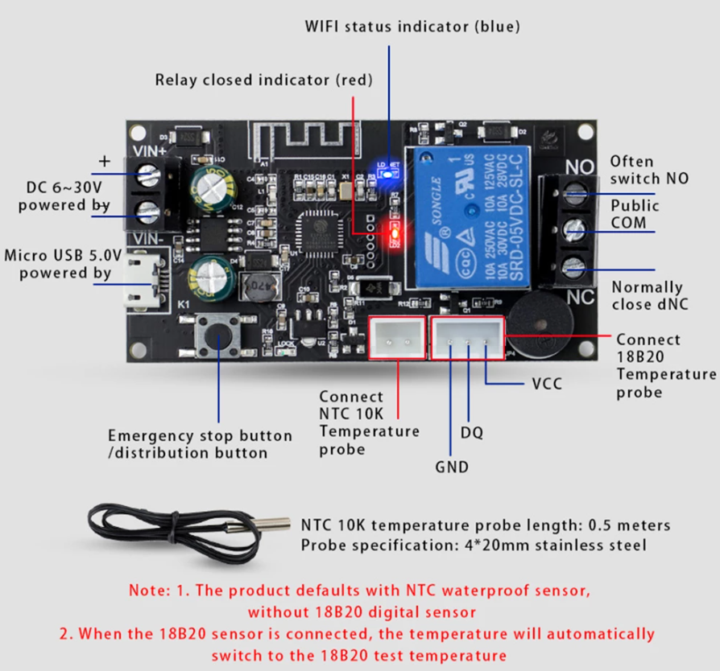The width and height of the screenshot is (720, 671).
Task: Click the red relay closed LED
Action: tap(395, 234)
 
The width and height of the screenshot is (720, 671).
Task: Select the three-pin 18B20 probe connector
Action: tap(468, 337)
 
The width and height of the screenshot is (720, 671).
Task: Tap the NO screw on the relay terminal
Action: tap(574, 193)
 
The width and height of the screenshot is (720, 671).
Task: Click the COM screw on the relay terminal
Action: tap(574, 229)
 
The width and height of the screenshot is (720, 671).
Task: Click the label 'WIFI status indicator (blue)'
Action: tap(412, 27)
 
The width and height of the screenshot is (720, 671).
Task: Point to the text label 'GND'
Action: tap(451, 467)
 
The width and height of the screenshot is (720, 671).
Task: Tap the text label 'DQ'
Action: tap(472, 433)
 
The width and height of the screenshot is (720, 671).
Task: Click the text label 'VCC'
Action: tap(548, 384)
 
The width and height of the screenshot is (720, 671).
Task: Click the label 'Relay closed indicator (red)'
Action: tap(264, 80)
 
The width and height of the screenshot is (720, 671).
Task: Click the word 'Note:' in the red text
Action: tap(151, 590)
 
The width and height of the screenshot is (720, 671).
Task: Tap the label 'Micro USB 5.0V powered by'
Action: tap(63, 265)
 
